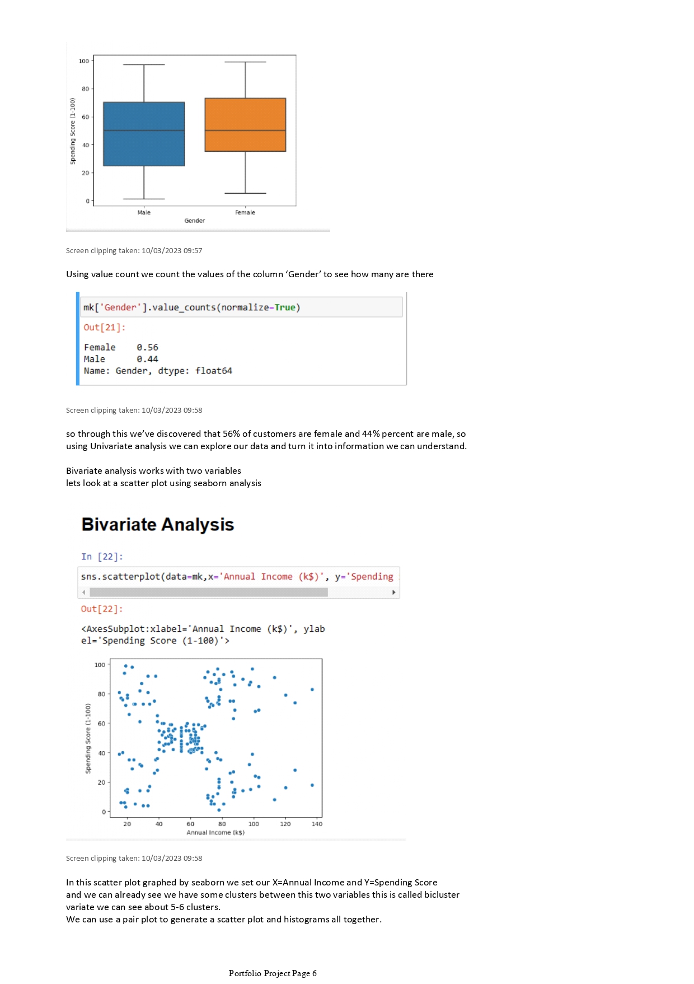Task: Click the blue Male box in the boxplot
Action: [144, 134]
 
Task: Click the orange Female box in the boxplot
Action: [245, 125]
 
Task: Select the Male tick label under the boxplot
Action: [144, 212]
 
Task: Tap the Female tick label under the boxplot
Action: [245, 212]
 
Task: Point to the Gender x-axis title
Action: [194, 221]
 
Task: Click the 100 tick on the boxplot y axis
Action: [84, 61]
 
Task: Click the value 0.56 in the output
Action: [147, 347]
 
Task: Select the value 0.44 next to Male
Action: [147, 359]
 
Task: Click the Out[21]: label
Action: [104, 328]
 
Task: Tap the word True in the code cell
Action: [285, 307]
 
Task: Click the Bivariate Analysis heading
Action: [157, 524]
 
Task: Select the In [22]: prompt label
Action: [102, 557]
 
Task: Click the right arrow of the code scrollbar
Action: [393, 592]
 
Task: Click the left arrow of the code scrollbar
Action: [84, 592]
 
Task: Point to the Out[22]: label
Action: [102, 609]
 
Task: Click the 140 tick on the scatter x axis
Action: [317, 824]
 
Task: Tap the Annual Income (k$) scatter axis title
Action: [215, 833]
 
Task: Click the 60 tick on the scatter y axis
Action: [101, 724]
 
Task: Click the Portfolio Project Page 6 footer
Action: [273, 973]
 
